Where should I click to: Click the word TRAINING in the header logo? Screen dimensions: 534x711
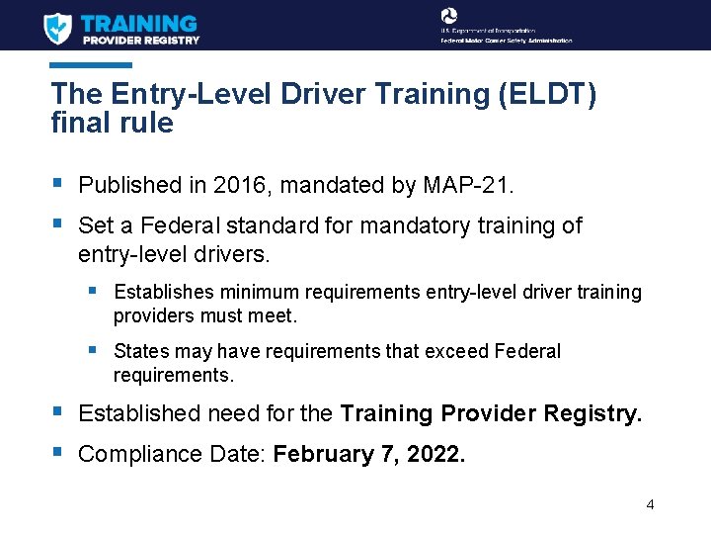tap(139, 22)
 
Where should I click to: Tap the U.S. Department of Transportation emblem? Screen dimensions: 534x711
tap(449, 17)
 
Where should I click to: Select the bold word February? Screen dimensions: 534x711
tap(321, 454)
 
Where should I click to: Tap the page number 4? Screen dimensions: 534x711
tap(650, 504)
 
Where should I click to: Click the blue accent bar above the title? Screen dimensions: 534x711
tap(91, 65)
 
